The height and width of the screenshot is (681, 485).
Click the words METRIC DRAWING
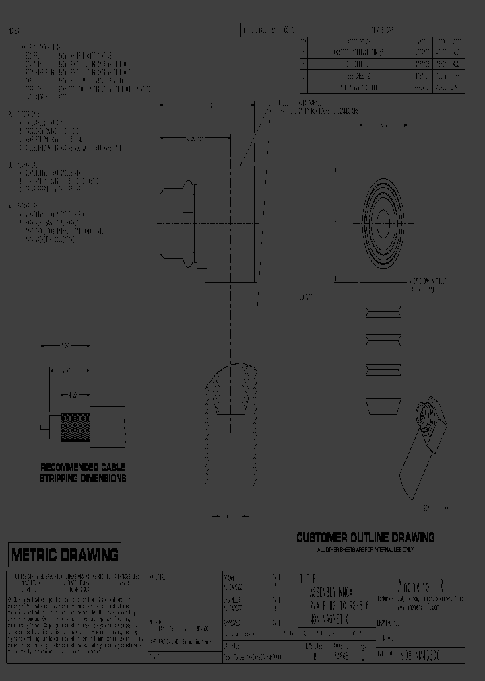pos(65,555)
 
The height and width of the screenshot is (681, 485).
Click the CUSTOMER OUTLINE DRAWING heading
pos(365,537)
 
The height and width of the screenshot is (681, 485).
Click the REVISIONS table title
pos(382,30)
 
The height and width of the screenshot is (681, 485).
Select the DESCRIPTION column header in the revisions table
pos(354,40)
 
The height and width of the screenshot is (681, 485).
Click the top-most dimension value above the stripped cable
pos(65,346)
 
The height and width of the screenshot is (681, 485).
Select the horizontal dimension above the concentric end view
pos(383,125)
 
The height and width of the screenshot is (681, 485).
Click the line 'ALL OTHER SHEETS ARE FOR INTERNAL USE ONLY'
pos(365,549)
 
